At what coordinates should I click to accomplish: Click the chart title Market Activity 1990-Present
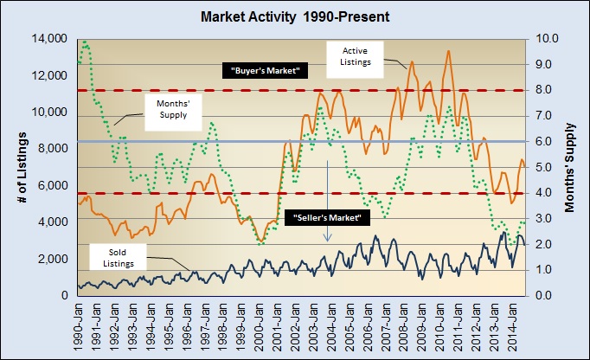click(295, 16)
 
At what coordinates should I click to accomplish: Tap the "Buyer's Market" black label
click(265, 71)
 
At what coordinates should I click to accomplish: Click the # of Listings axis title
click(20, 167)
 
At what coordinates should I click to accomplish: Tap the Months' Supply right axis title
click(574, 167)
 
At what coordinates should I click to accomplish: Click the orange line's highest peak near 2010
click(448, 51)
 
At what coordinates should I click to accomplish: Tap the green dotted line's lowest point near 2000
click(261, 244)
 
